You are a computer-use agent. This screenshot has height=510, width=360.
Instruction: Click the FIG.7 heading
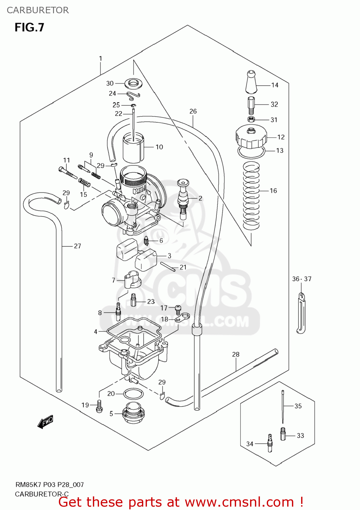[x=29, y=28]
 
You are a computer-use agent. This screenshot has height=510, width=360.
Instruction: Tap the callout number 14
[x=275, y=85]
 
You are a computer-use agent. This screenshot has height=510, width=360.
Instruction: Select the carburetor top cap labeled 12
[x=251, y=137]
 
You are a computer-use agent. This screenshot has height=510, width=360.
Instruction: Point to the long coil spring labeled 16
[x=251, y=195]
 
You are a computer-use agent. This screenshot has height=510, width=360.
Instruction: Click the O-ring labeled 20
[x=133, y=394]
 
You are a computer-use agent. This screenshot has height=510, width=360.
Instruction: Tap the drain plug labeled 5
[x=133, y=413]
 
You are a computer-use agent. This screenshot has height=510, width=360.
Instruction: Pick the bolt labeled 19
[x=99, y=406]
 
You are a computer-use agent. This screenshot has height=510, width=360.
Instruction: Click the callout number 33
[x=300, y=436]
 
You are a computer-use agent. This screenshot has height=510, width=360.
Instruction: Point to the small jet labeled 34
[x=270, y=442]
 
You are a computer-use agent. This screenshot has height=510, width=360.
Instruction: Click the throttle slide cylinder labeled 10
[x=133, y=148]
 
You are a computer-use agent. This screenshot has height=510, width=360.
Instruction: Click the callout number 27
[x=77, y=246]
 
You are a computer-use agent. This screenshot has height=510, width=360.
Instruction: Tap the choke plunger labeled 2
[x=183, y=199]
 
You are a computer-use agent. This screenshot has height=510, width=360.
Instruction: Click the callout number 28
[x=235, y=354]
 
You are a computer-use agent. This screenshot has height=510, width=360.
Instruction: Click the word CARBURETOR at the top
[x=38, y=10]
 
